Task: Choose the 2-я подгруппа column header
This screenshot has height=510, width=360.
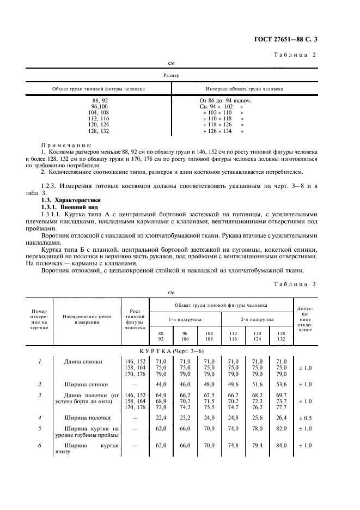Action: [x=257, y=319]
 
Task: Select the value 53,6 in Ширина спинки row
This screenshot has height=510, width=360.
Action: [x=280, y=384]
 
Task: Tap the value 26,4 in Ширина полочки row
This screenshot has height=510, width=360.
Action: [x=280, y=418]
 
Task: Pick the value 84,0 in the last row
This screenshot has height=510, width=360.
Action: [x=280, y=445]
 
